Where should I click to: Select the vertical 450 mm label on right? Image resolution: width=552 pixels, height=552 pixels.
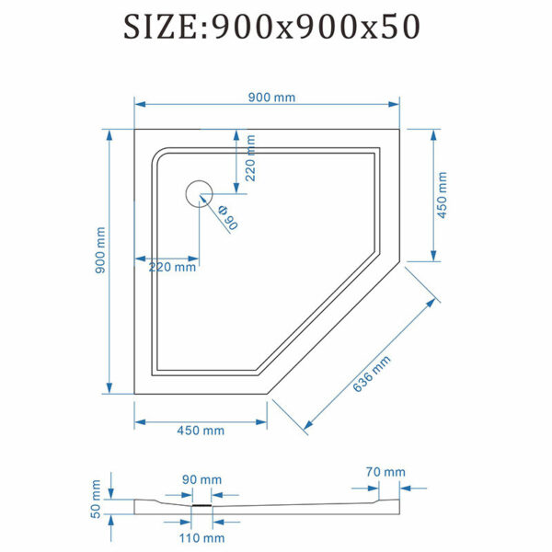point(441,195)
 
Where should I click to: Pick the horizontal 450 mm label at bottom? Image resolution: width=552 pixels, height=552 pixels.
point(200,431)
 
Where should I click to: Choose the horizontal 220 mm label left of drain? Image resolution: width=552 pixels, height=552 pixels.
point(172,268)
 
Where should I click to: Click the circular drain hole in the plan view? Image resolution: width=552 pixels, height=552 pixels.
point(200,194)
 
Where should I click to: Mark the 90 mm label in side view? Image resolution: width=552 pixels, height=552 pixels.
point(201,479)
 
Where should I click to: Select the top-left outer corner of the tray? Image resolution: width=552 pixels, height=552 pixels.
point(135,129)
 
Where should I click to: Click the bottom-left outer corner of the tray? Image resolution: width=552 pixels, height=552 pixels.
point(135,394)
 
